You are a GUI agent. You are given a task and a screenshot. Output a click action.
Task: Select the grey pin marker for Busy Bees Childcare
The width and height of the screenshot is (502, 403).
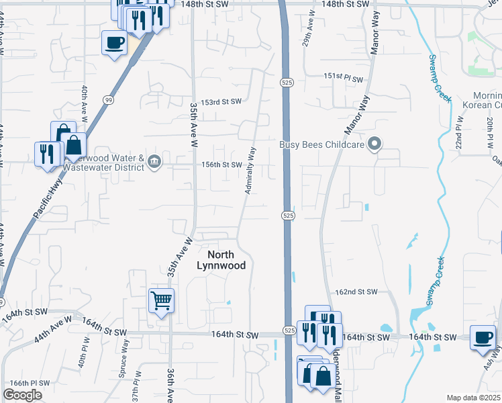coord(376,144)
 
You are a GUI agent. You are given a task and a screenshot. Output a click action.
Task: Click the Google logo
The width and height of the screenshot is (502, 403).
coord(22,395)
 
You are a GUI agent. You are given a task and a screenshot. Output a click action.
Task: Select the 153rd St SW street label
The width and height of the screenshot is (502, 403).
coord(222,102)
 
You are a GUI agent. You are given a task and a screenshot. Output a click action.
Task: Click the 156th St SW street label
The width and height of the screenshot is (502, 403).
coord(222,165)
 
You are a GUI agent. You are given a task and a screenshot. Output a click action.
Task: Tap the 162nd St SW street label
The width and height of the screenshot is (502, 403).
coord(356,292)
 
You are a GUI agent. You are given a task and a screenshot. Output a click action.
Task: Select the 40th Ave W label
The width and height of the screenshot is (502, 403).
coord(85,101)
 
